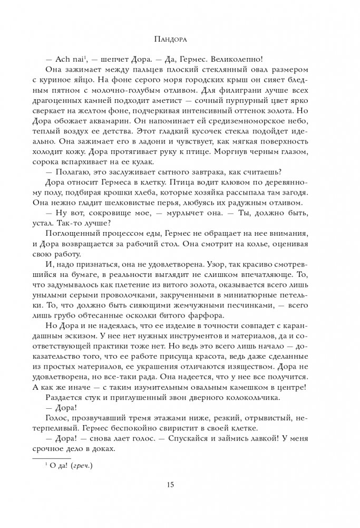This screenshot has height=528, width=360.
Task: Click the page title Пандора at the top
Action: click(180, 39)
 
